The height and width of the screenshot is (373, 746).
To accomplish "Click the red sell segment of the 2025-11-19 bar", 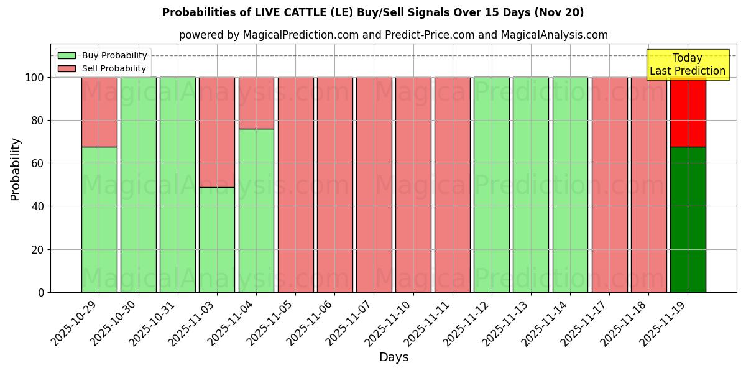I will pos(688,112).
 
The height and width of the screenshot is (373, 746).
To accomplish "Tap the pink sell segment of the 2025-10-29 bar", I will pos(99,112).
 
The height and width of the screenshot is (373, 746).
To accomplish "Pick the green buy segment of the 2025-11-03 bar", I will pos(216,239).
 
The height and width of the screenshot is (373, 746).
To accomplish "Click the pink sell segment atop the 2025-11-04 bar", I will pos(256,103).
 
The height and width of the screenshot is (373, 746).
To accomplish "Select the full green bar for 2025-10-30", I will pos(138,185).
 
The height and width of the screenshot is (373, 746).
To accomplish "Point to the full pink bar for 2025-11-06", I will pos(334,185).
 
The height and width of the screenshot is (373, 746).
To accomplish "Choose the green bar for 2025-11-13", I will pos(530,185).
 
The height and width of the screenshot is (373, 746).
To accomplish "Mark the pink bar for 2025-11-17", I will pos(609,185).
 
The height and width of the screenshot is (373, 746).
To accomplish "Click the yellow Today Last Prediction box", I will pos(687,65).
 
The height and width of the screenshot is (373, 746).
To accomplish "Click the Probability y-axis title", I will pos(16,169).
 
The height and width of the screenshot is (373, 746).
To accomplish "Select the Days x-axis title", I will pos(394,357).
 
